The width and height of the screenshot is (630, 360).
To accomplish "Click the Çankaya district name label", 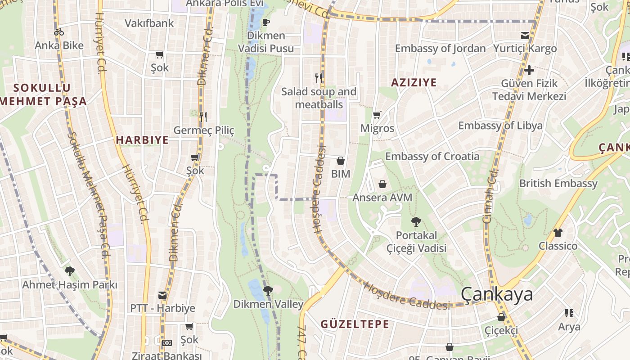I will click(x=497, y=294).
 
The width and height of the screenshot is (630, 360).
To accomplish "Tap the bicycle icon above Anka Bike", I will click(x=58, y=32).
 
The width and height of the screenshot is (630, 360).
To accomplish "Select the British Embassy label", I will click(x=558, y=184).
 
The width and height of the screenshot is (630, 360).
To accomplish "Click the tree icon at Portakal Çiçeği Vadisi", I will click(x=416, y=221).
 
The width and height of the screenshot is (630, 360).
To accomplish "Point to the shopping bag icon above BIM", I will click(x=341, y=161).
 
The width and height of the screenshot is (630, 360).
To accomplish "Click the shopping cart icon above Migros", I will click(x=377, y=115).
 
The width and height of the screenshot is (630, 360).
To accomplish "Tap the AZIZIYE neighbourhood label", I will click(x=414, y=82).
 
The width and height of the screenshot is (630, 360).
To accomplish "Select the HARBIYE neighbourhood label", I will click(x=142, y=140).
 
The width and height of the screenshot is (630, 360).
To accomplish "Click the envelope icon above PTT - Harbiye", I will click(x=162, y=296).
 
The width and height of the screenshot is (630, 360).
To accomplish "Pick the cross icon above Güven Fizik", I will click(x=529, y=70).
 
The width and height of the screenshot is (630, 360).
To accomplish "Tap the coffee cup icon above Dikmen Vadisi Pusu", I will click(x=266, y=22).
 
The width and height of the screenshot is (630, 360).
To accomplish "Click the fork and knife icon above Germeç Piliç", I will click(x=203, y=117).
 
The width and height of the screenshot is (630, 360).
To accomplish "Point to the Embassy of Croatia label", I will click(x=432, y=157).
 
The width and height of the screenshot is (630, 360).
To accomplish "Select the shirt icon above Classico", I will click(x=558, y=233).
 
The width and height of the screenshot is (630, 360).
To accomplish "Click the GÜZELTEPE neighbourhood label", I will click(x=355, y=324).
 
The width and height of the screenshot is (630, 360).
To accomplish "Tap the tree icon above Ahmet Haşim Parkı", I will click(x=69, y=271).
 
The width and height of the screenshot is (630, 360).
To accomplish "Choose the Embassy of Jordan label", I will click(x=440, y=49).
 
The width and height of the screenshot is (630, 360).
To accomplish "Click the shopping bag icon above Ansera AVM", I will click(x=382, y=184).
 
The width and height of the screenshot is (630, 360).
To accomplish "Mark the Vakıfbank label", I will click(x=149, y=23).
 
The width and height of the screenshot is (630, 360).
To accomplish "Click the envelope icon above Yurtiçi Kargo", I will click(x=525, y=35).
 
